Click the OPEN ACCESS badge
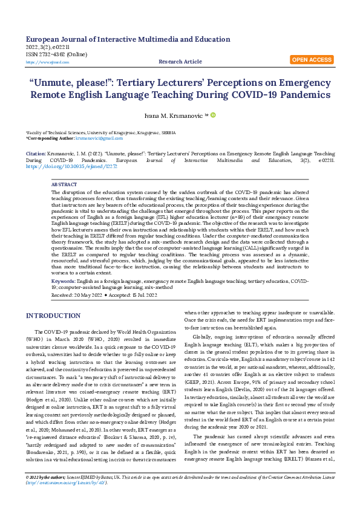tap(312, 60)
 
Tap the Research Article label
tap(180, 62)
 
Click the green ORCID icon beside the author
tap(213, 114)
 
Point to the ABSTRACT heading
tap(64, 184)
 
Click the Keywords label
tap(63, 281)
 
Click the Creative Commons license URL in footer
tap(67, 500)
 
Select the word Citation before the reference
tap(35, 154)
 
